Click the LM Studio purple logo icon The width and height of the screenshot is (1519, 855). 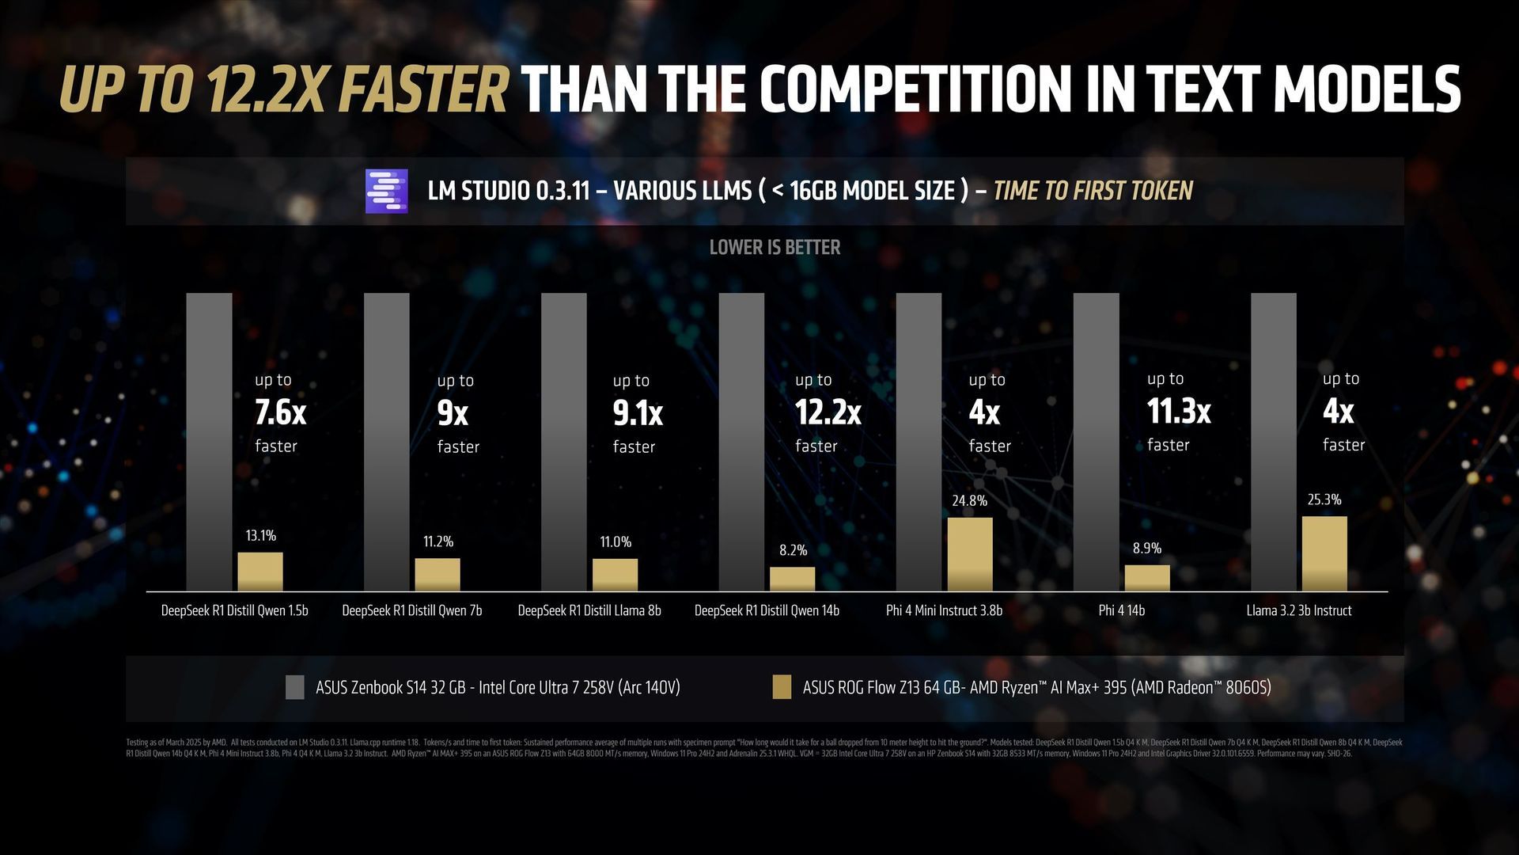click(386, 191)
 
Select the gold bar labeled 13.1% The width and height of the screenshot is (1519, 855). click(260, 572)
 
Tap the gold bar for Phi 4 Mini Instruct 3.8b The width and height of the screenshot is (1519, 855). click(970, 554)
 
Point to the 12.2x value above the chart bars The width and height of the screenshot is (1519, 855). click(828, 412)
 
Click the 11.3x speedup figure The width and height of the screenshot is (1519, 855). click(1179, 412)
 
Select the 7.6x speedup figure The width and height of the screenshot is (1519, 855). click(280, 412)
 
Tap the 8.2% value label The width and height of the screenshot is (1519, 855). click(793, 550)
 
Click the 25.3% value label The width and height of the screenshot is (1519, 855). click(1324, 500)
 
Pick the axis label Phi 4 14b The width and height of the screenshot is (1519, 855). click(1121, 610)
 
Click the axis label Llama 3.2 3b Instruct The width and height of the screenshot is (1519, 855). click(1298, 610)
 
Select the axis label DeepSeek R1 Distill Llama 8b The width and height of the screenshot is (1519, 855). click(589, 610)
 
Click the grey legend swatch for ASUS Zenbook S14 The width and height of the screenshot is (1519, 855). click(295, 687)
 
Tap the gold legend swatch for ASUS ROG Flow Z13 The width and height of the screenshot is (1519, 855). click(782, 687)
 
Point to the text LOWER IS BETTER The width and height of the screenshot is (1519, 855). click(775, 248)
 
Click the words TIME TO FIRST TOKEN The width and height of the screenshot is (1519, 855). click(1093, 191)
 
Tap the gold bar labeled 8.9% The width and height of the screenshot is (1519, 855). click(1147, 578)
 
